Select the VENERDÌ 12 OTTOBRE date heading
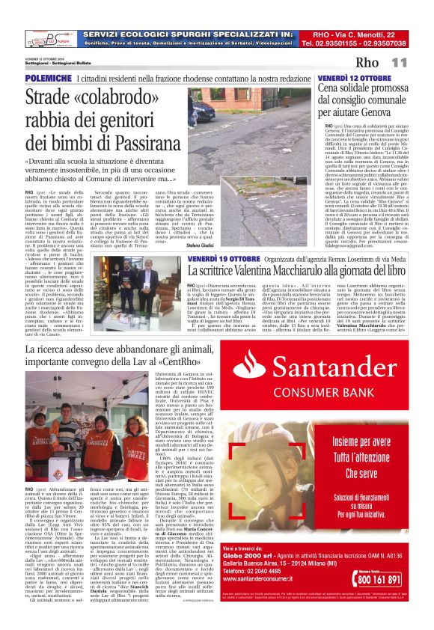pyautogui.click(x=354, y=78)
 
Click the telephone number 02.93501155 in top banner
pyautogui.click(x=333, y=43)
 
